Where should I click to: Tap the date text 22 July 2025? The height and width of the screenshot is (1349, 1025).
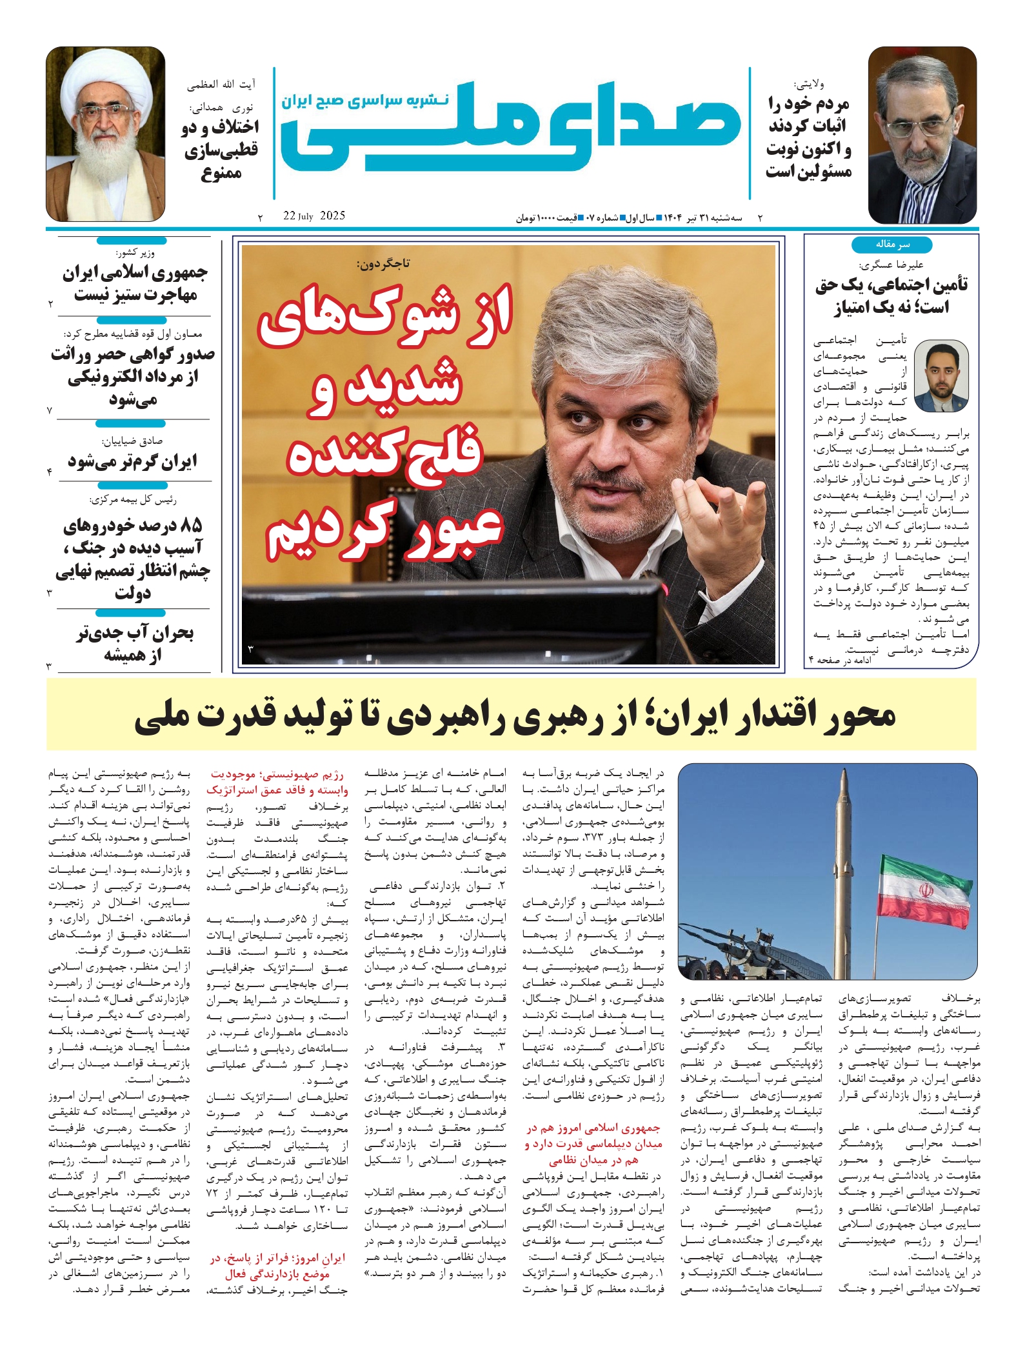[x=314, y=216]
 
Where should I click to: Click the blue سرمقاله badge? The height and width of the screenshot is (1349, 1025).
[x=891, y=245]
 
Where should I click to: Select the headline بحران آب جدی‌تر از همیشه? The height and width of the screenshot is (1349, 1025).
[x=134, y=644]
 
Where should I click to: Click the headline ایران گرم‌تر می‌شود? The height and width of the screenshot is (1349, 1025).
[x=133, y=461]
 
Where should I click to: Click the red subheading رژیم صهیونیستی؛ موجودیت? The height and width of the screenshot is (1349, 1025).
[x=277, y=774]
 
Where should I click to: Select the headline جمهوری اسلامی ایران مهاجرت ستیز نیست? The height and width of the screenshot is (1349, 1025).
[x=134, y=284]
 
